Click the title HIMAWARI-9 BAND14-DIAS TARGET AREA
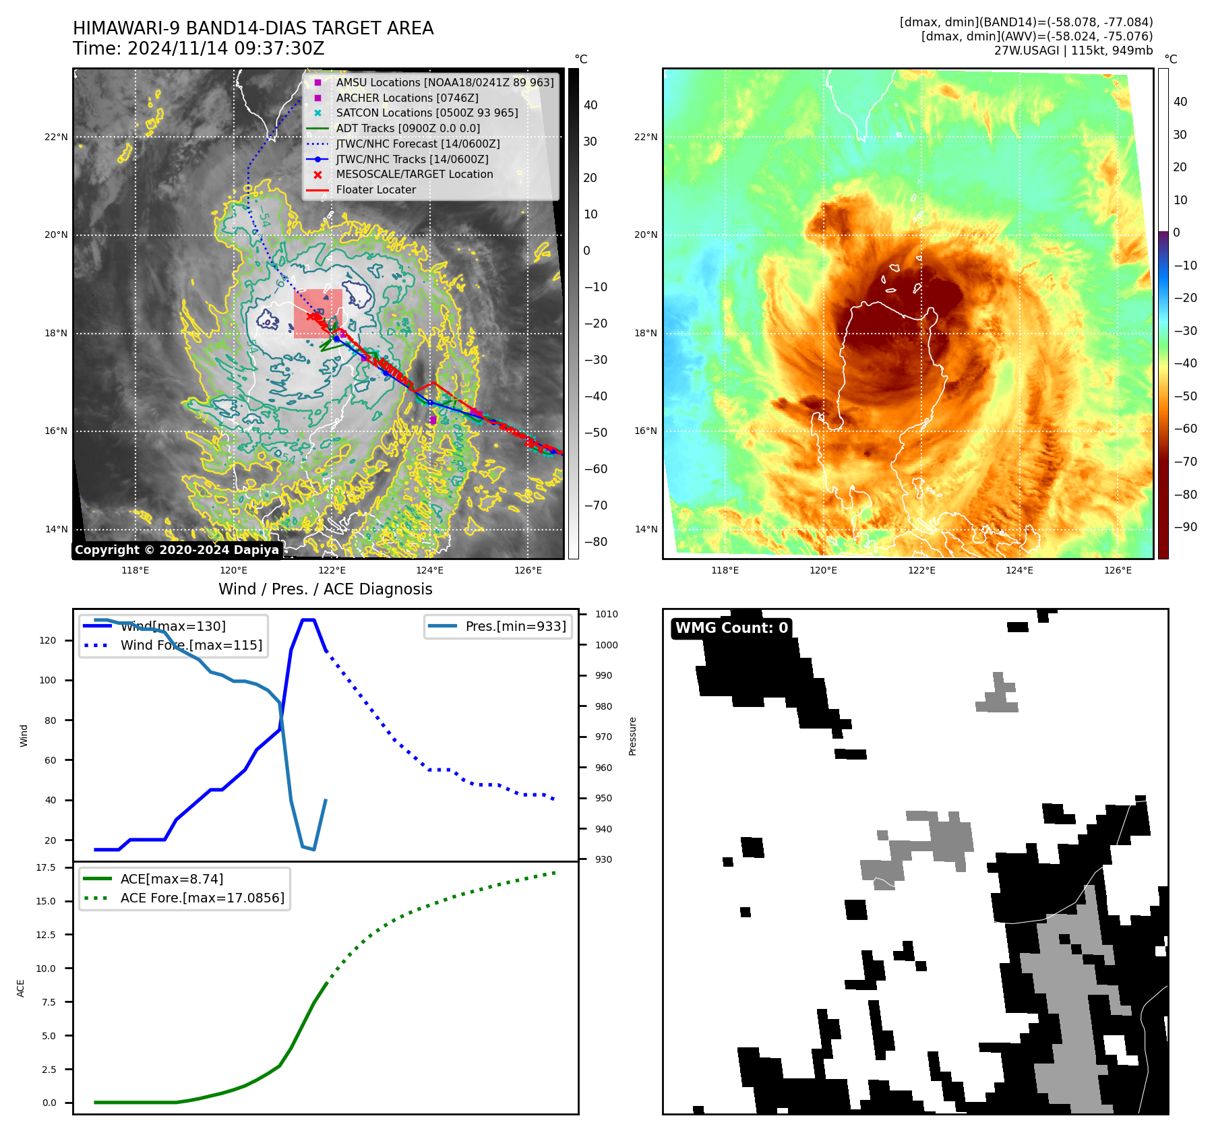[x=253, y=28]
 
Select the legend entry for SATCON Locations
[x=427, y=113]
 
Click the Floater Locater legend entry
[x=375, y=190]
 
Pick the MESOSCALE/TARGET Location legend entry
[x=414, y=175]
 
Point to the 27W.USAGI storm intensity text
[x=1073, y=51]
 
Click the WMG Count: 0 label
[x=731, y=628]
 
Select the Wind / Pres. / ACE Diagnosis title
[x=325, y=589]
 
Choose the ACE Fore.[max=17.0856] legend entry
[x=202, y=898]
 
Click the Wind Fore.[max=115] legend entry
[x=191, y=646]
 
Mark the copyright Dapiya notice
[x=177, y=550]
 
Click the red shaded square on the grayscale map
[x=317, y=313]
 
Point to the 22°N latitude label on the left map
[x=56, y=137]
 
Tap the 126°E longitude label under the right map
[x=1118, y=571]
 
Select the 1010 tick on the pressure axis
[x=607, y=615]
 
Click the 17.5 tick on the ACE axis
[x=46, y=868]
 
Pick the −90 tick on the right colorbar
[x=1185, y=528]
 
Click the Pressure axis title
[x=633, y=736]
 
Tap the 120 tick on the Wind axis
[x=48, y=641]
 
